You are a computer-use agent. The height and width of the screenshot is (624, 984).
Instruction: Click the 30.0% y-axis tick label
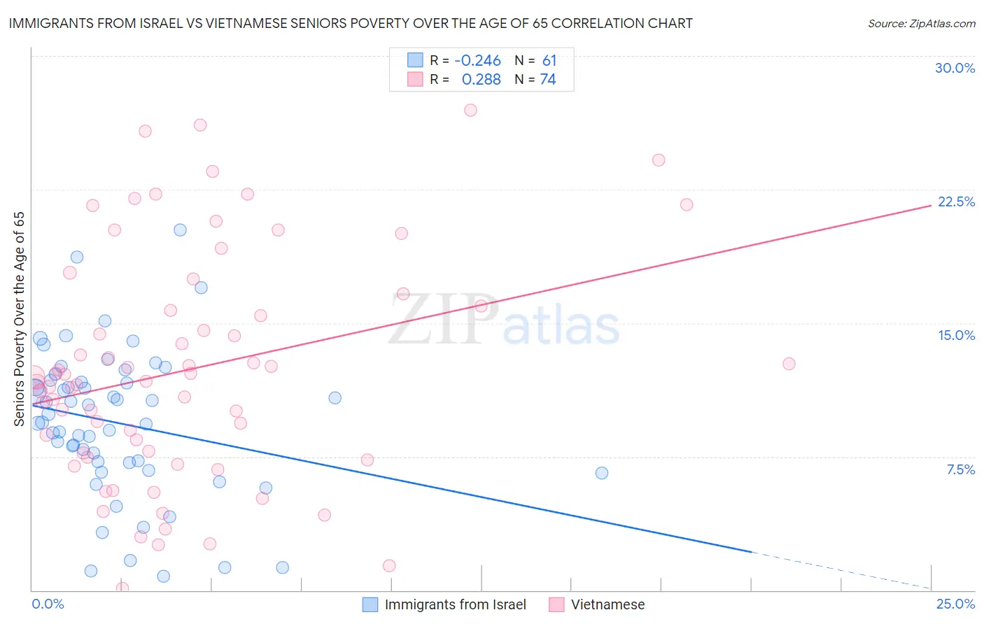[x=955, y=68]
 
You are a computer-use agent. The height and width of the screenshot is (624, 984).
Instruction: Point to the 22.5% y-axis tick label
[x=956, y=201]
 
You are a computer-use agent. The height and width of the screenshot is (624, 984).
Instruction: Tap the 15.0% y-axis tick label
[x=956, y=335]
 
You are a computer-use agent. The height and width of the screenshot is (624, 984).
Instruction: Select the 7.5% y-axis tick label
[x=960, y=469]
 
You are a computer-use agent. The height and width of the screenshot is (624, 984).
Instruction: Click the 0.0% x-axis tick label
[x=48, y=604]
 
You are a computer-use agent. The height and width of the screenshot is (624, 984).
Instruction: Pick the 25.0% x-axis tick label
[x=955, y=604]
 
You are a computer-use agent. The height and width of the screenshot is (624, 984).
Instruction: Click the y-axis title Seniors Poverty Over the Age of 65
[x=20, y=318]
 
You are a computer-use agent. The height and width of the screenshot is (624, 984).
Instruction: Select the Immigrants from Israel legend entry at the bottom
[x=455, y=604]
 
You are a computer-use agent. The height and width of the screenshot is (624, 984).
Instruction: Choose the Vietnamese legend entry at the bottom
[x=607, y=604]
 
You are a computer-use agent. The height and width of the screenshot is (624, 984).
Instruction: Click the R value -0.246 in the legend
[x=477, y=61]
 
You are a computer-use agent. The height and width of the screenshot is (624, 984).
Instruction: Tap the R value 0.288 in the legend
[x=481, y=80]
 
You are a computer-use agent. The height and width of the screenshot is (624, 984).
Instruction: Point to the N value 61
[x=549, y=61]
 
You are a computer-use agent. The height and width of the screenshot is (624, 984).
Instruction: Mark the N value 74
[x=547, y=80]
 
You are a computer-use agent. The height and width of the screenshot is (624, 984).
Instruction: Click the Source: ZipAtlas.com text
[x=921, y=24]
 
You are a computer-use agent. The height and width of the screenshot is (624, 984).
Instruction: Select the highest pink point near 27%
[x=470, y=110]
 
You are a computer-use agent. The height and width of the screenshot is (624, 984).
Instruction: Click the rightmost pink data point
[x=789, y=364]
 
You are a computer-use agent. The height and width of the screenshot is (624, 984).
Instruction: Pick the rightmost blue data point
[x=602, y=473]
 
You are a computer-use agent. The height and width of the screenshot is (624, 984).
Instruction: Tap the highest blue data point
[x=180, y=230]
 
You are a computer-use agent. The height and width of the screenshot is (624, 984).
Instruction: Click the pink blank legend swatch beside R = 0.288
[x=415, y=79]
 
